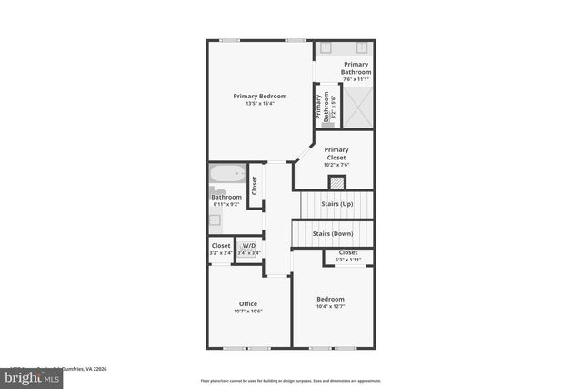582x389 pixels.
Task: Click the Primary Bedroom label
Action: click(259, 96)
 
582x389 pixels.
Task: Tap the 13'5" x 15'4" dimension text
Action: click(259, 104)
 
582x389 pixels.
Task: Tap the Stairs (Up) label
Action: click(338, 204)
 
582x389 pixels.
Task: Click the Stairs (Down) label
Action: click(333, 233)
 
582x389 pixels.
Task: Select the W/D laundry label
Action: click(247, 246)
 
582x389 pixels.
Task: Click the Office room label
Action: click(248, 303)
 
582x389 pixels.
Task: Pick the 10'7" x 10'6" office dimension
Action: click(248, 312)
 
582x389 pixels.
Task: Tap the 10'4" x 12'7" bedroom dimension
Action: click(330, 307)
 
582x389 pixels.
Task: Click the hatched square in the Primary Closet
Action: click(337, 182)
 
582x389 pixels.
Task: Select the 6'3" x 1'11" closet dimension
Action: click(348, 260)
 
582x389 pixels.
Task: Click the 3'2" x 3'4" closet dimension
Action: click(221, 253)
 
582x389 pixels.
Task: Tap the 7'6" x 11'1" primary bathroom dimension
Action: click(356, 79)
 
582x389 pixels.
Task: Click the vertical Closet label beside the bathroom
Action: click(255, 186)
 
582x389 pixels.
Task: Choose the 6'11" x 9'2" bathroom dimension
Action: click(226, 204)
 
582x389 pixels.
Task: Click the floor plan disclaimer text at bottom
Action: click(290, 380)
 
